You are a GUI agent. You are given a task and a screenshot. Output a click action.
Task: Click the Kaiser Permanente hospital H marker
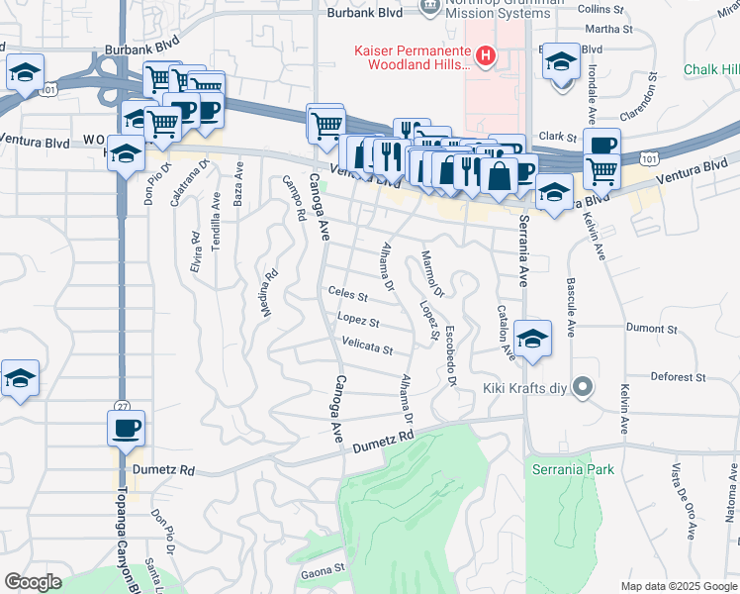tap(485, 56)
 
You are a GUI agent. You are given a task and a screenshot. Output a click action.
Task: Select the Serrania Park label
tap(573, 468)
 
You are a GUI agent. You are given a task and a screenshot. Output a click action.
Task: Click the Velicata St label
tap(367, 349)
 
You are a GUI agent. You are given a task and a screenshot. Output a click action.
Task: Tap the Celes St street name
tap(347, 295)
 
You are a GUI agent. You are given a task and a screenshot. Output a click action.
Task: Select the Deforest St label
tap(678, 376)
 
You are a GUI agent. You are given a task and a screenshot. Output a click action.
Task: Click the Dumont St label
tap(651, 326)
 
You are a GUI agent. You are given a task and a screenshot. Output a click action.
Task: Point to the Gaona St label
tap(323, 569)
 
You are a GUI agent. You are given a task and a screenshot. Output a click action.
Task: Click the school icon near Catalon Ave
tap(532, 340)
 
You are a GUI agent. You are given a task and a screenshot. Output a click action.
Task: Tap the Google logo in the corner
tap(33, 582)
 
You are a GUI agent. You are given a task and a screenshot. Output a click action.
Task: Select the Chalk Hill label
tap(711, 69)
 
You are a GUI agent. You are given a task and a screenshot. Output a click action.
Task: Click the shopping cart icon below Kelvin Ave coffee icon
tap(601, 172)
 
